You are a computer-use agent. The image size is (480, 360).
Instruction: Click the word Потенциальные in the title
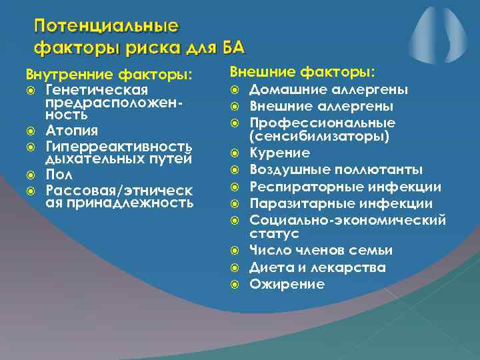(107, 27)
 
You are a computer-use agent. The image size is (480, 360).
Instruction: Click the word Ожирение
(287, 285)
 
